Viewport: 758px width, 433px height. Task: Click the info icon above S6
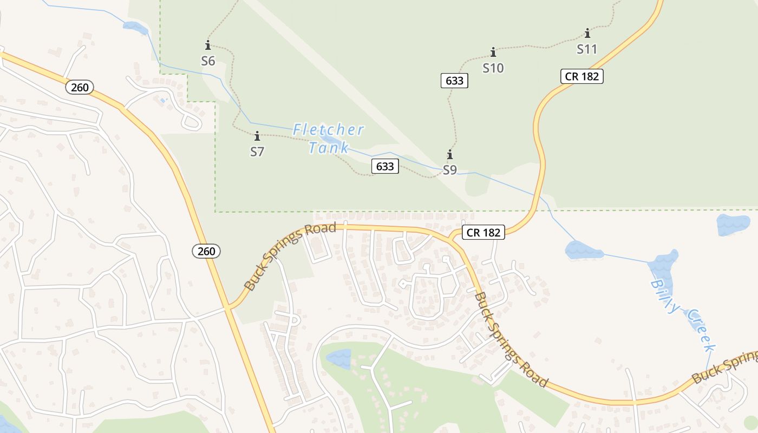click(208, 45)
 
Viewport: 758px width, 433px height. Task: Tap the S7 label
click(257, 152)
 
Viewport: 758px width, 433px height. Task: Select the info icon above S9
click(449, 155)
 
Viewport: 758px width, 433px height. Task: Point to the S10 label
click(493, 68)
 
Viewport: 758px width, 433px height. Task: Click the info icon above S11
click(587, 33)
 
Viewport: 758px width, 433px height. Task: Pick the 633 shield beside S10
click(454, 81)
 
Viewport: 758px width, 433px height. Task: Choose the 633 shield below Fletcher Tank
click(385, 166)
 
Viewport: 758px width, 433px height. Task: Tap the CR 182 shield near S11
click(582, 76)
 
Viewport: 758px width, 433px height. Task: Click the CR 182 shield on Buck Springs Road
click(483, 232)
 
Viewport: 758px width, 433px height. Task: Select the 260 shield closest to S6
click(80, 87)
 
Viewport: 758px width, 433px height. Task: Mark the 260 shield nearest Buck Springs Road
click(206, 251)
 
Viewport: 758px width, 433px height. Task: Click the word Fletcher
click(328, 130)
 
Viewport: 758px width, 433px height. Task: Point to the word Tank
click(329, 147)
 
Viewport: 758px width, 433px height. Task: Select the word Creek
click(702, 331)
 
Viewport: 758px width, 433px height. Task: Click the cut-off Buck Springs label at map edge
click(726, 366)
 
